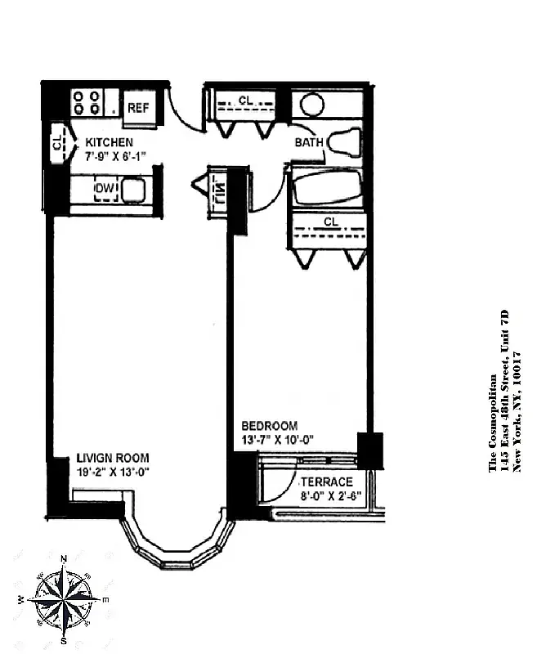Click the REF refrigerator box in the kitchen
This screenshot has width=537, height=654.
pos(137,107)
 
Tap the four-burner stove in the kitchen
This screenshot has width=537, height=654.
pos(86,102)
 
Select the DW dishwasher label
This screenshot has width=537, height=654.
pos(105,190)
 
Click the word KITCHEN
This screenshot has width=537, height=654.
pos(109,142)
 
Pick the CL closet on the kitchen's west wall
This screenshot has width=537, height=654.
pos(57,143)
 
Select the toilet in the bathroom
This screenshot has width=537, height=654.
pos(344,142)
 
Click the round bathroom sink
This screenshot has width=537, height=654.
pos(311,105)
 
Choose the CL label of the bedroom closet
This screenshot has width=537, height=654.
pos(331,222)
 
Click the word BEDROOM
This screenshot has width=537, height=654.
pos(269,426)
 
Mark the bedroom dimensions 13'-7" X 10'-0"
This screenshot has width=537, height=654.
pos(278,439)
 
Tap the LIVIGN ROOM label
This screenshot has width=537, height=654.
pos(113,458)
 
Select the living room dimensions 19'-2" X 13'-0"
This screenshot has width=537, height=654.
pos(113,471)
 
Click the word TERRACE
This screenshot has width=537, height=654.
pos(326,482)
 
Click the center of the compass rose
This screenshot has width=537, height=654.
pos(63,599)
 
